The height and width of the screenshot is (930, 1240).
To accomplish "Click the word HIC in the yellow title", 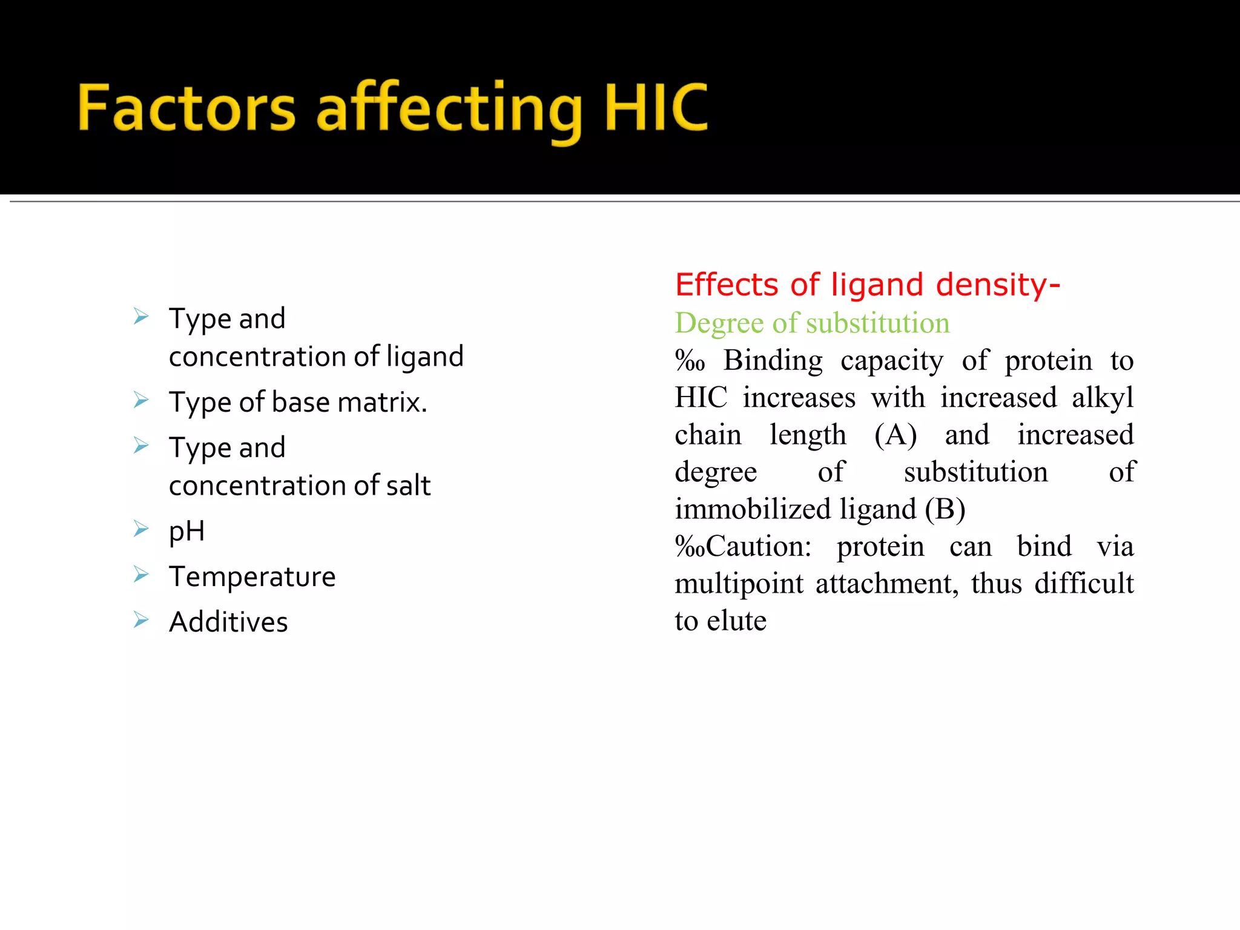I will [656, 108].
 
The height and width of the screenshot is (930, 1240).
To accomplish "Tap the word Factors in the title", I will [186, 108].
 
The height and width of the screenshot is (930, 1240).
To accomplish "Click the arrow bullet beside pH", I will [141, 529].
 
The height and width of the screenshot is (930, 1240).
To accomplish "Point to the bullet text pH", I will [186, 532].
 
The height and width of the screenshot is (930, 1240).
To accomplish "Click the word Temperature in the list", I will [252, 576].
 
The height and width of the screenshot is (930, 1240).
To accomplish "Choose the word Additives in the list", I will [228, 622].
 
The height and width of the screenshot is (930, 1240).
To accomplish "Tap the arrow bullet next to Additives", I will [141, 619].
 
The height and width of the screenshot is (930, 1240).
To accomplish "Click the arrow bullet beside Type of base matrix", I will [141, 400].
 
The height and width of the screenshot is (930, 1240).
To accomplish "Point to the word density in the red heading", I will [993, 285].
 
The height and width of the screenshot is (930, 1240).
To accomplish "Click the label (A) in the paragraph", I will [895, 435].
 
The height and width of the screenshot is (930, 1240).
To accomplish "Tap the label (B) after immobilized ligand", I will [945, 509].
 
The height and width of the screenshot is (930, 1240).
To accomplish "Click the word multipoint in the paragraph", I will [739, 584].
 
